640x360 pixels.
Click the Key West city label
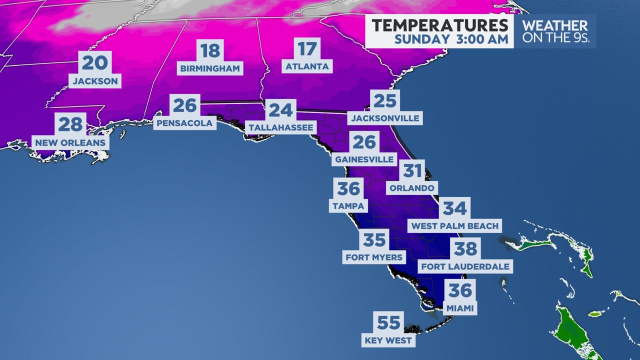(x=388, y=340)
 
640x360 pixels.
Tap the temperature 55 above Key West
(x=388, y=322)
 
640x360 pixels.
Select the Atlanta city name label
(x=307, y=66)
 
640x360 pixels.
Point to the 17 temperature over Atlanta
(x=307, y=49)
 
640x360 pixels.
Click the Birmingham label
(x=210, y=68)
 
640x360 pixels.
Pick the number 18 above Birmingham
(x=210, y=51)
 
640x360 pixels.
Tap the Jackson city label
(x=95, y=80)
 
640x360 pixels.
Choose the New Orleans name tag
(x=70, y=142)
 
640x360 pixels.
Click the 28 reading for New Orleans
(x=70, y=124)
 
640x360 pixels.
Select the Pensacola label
(x=184, y=122)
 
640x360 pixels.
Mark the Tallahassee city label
(x=281, y=127)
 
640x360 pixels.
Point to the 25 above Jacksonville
(x=385, y=101)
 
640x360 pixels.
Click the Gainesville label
(x=364, y=160)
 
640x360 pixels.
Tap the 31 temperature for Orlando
(x=412, y=171)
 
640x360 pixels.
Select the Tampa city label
(x=348, y=205)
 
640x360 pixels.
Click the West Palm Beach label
(x=454, y=226)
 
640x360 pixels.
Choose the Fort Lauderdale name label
(x=465, y=266)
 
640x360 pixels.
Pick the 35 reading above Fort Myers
(x=374, y=240)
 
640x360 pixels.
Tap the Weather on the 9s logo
(x=554, y=31)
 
